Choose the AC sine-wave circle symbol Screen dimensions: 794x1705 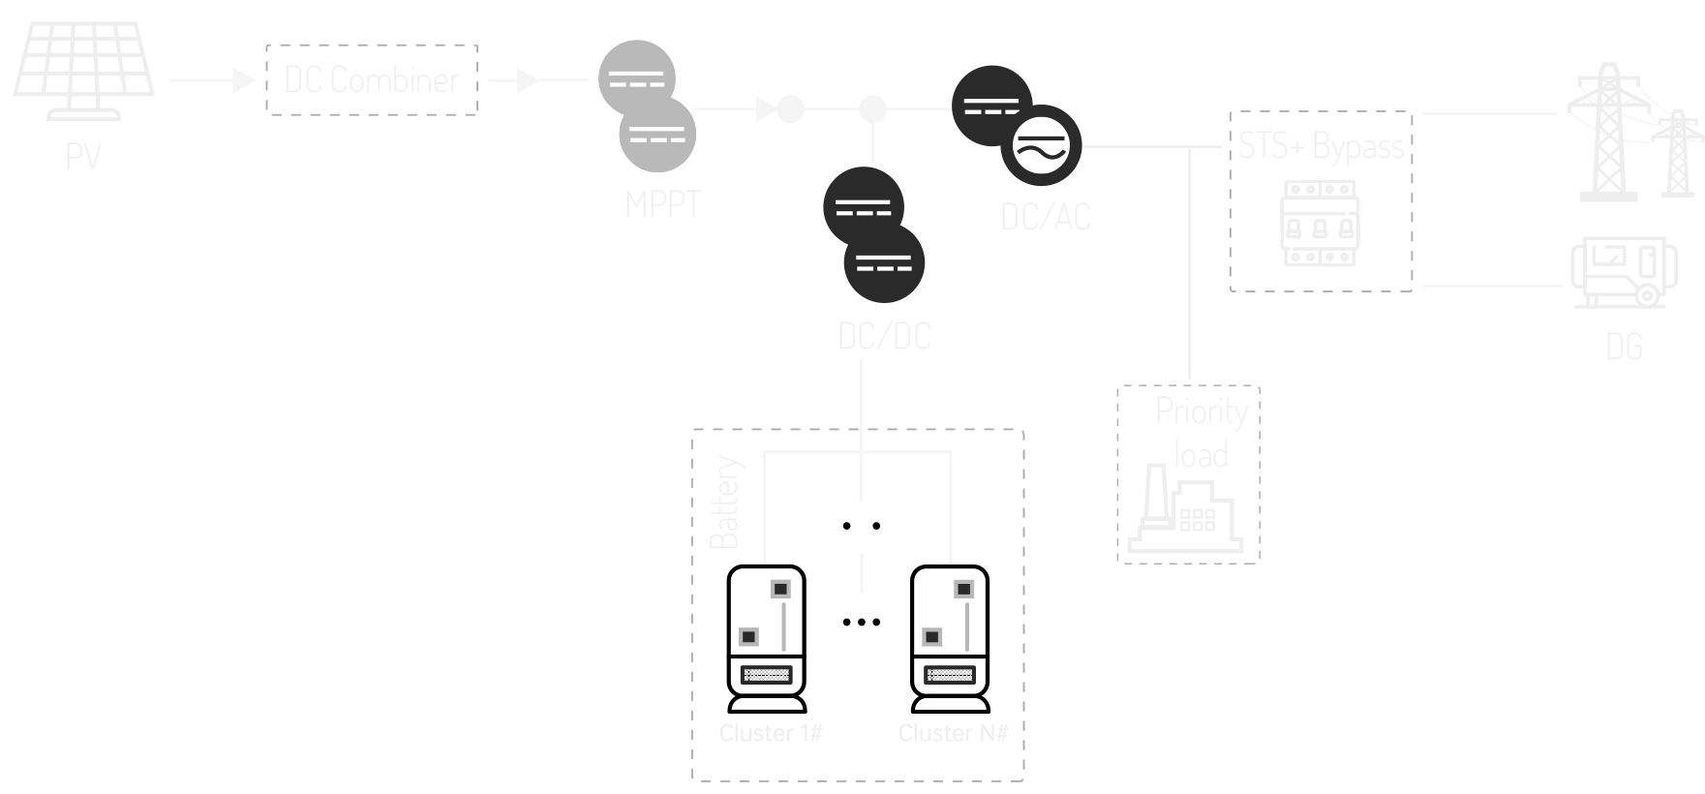coord(1040,146)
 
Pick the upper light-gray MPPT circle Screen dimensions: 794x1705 coord(636,77)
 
